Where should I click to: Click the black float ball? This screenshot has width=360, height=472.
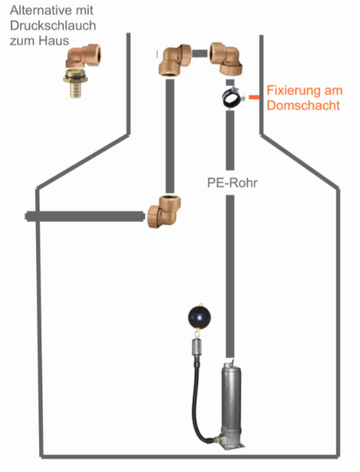pyautogui.click(x=200, y=317)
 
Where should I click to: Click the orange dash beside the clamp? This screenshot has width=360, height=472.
pyautogui.click(x=254, y=97)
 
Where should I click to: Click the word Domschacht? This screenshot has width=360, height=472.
pyautogui.click(x=303, y=105)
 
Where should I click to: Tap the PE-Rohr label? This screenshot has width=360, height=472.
pyautogui.click(x=233, y=183)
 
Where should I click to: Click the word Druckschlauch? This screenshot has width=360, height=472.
pyautogui.click(x=53, y=25)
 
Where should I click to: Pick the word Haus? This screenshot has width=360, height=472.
pyautogui.click(x=55, y=41)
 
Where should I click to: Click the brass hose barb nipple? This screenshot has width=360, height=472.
pyautogui.click(x=75, y=83)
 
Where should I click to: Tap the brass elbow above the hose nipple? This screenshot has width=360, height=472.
pyautogui.click(x=84, y=56)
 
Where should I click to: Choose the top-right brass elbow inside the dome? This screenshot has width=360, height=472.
pyautogui.click(x=226, y=58)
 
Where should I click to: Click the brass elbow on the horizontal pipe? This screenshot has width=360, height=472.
pyautogui.click(x=164, y=212)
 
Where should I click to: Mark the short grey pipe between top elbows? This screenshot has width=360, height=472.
pyautogui.click(x=200, y=54)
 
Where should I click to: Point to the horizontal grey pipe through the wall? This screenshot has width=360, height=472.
pyautogui.click(x=85, y=216)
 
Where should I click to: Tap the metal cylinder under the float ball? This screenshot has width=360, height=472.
pyautogui.click(x=197, y=348)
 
